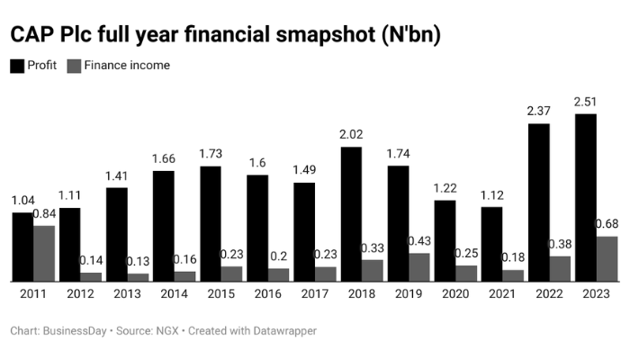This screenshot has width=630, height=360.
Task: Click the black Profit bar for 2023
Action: (x=585, y=197)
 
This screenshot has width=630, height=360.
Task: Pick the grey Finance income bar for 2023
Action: (x=607, y=258)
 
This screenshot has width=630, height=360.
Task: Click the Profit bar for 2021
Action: (x=491, y=244)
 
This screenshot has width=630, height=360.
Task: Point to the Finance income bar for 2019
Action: (x=419, y=266)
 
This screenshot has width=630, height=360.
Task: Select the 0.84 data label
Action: (x=45, y=214)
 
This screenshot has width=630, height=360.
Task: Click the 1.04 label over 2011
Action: (x=22, y=201)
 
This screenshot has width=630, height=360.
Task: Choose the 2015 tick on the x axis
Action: (x=220, y=294)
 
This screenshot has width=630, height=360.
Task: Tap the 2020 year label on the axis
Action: (x=455, y=294)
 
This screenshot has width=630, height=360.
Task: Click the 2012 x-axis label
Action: (x=80, y=294)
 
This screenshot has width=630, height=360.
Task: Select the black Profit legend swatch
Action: (x=17, y=66)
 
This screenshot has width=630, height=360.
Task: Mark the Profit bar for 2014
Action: (x=164, y=225)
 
